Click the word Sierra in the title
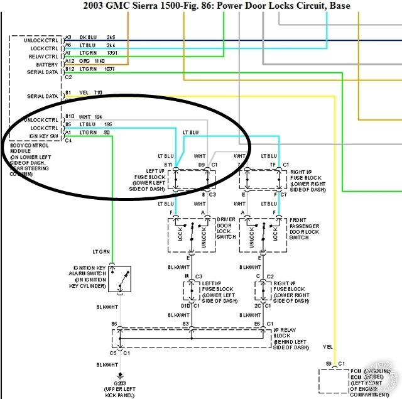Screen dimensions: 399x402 (x=162, y=6)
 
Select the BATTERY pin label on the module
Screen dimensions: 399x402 (x=48, y=64)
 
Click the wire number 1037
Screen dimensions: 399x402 (x=111, y=70)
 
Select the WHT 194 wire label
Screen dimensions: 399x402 (x=90, y=118)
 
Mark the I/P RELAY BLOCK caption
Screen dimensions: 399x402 (x=291, y=338)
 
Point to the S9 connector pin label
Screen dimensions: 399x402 (x=329, y=364)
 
